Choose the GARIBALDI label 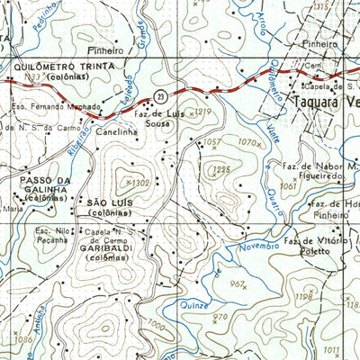click(x=110, y=248)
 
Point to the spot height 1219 click(x=202, y=111)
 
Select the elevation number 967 click(x=237, y=283)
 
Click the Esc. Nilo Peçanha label click(x=54, y=236)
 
